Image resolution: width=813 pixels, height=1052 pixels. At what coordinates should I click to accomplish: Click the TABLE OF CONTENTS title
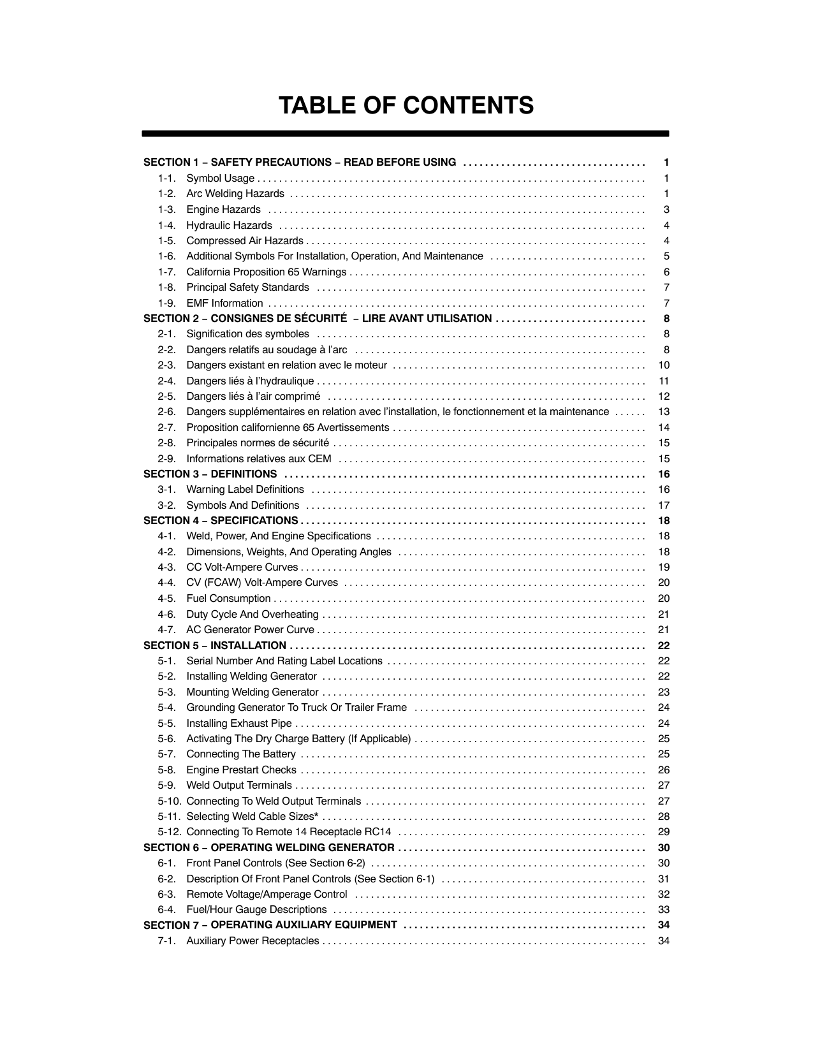point(406,105)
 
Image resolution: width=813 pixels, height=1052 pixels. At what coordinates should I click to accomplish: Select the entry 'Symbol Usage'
point(220,179)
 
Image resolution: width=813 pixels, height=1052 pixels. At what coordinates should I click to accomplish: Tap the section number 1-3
point(166,210)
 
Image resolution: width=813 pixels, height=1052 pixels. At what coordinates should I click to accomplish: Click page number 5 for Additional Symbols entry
point(666,256)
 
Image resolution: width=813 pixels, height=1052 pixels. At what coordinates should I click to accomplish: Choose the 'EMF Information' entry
point(224,303)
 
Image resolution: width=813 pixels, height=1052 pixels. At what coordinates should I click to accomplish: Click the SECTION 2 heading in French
point(318,319)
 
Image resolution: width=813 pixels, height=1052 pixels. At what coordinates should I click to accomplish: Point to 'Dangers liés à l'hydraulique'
point(250,381)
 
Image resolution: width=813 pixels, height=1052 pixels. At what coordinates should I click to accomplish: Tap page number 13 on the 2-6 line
point(664,412)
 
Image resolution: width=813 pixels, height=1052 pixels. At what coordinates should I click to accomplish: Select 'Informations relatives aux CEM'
point(259,459)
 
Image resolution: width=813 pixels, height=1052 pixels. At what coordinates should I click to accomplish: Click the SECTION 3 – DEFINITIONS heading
point(210,474)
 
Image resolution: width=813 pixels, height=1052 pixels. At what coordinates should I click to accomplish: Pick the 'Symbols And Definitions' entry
point(242,506)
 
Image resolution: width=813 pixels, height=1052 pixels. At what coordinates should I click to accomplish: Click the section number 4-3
point(166,567)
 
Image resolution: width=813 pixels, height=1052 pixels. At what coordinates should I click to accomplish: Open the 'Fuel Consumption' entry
point(228,599)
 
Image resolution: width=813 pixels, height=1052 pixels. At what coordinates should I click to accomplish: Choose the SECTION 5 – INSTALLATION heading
point(215,645)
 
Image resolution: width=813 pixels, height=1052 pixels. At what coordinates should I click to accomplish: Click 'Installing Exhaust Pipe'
point(239,724)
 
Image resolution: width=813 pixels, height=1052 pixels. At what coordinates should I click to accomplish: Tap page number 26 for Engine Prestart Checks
point(664,770)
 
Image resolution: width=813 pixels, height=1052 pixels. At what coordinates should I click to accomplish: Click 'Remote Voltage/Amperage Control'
point(267,895)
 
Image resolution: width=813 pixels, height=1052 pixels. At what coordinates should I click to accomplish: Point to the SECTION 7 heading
point(270,925)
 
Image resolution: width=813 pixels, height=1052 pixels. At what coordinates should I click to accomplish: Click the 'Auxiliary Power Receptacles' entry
point(253,941)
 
